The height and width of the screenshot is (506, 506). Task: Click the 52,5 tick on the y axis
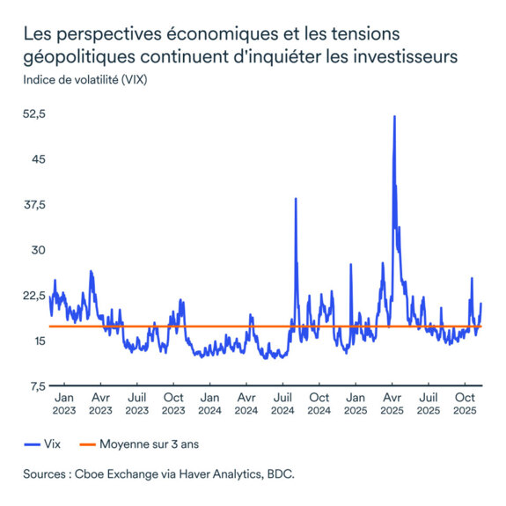pyautogui.click(x=34, y=114)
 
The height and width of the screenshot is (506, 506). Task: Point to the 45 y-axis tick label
pyautogui.click(x=36, y=159)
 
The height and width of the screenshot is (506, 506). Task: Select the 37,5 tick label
pyautogui.click(x=34, y=205)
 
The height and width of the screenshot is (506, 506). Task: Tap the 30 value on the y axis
pyautogui.click(x=36, y=250)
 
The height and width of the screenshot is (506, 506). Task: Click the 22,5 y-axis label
pyautogui.click(x=34, y=295)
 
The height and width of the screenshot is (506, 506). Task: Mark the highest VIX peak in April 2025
pyautogui.click(x=394, y=116)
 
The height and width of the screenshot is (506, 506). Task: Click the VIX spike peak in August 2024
pyautogui.click(x=295, y=199)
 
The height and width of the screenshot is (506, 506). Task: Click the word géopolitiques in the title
pyautogui.click(x=81, y=57)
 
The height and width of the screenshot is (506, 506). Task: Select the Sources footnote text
pyautogui.click(x=158, y=473)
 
